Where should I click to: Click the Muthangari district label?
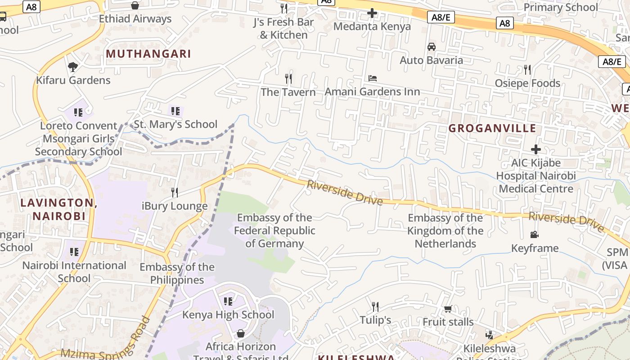[x=148, y=54]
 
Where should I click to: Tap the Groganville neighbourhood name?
[x=492, y=128]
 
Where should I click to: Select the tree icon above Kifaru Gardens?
[x=72, y=67]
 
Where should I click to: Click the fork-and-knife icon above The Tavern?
[x=288, y=79]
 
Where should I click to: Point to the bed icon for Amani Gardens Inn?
[x=373, y=78]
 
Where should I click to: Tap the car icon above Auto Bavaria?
[x=431, y=47]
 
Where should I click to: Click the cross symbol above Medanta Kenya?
[x=372, y=13]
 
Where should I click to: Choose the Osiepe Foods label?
[x=527, y=83]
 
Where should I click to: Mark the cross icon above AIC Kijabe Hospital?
[x=535, y=149]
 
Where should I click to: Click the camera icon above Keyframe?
[x=535, y=235]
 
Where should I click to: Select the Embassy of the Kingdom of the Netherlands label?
[x=445, y=231]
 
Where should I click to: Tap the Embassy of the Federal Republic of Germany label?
[x=274, y=231]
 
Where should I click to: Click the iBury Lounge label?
[x=175, y=206]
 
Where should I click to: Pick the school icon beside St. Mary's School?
[x=175, y=111]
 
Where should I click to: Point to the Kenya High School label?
[x=228, y=315]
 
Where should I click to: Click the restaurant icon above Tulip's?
[x=375, y=307]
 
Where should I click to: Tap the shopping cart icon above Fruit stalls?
[x=448, y=309]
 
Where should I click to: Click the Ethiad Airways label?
[x=135, y=19]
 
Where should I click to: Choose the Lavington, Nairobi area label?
[x=59, y=209]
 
